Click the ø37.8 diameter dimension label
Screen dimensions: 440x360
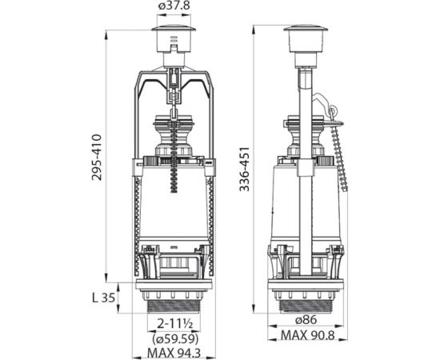click(174, 6)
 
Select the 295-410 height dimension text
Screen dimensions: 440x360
click(97, 157)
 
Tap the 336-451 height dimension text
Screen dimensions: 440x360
click(244, 169)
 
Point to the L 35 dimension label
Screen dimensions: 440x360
click(104, 298)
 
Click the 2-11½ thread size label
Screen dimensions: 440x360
click(174, 324)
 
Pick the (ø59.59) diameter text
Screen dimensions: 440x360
click(175, 339)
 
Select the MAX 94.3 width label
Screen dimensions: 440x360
click(174, 353)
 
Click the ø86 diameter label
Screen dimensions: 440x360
click(306, 319)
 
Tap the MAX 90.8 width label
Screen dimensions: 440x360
click(308, 335)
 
